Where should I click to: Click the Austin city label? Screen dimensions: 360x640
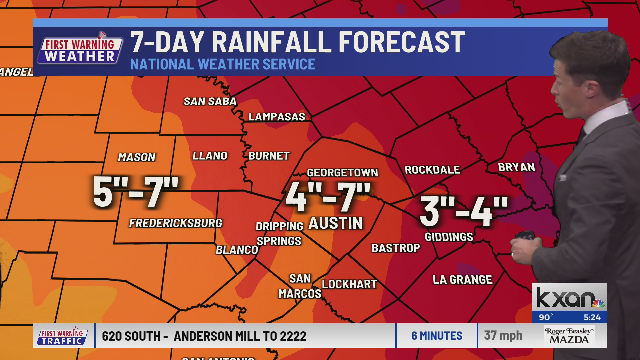click(x=335, y=223)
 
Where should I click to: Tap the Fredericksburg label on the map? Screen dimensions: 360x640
click(x=175, y=223)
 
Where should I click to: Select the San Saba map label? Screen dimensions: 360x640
click(x=210, y=101)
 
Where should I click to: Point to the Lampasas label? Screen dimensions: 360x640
click(x=277, y=117)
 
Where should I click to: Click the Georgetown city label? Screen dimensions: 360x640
click(x=342, y=173)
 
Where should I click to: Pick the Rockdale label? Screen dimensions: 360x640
click(x=432, y=170)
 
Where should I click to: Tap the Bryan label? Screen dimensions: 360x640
click(x=516, y=167)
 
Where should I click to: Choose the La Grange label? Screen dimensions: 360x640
click(x=462, y=280)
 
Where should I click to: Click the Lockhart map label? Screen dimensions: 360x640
click(x=349, y=284)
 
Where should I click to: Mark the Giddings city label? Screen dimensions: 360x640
click(x=449, y=237)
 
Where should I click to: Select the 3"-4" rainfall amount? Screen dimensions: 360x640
click(x=464, y=212)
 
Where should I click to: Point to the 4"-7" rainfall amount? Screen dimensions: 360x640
click(x=328, y=197)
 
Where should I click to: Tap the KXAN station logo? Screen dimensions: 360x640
click(x=569, y=297)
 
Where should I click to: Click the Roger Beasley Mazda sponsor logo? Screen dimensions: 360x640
click(x=569, y=336)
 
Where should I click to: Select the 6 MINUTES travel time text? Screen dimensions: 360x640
click(x=437, y=336)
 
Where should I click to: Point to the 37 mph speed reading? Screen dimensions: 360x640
click(x=503, y=336)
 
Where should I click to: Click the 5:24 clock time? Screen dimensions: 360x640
click(x=592, y=317)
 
